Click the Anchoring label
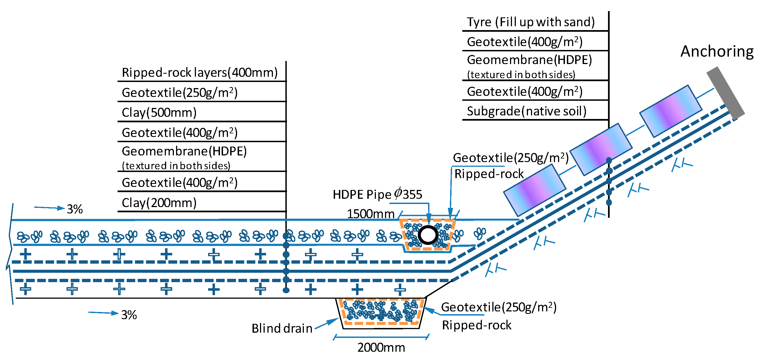[717, 51]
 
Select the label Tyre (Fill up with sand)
[531, 22]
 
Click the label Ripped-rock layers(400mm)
[200, 73]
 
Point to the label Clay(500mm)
[159, 113]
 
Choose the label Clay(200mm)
[159, 203]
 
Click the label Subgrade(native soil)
[527, 111]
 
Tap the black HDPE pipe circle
[428, 235]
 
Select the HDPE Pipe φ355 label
[378, 194]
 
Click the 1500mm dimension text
[370, 214]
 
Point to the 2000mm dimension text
[381, 348]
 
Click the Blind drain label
[282, 328]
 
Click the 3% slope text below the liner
[129, 315]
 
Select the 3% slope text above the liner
[75, 210]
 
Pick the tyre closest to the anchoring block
[671, 111]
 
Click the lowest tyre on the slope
[535, 190]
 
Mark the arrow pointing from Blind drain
[327, 323]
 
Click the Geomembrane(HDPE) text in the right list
[529, 60]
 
